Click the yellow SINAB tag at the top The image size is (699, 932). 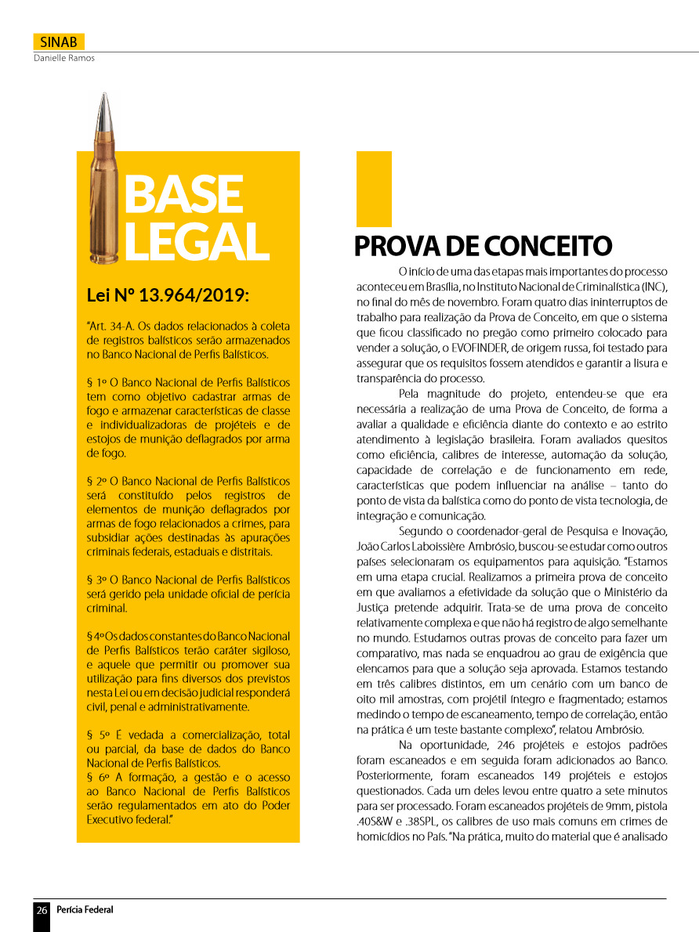(59, 42)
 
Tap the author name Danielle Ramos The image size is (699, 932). (63, 58)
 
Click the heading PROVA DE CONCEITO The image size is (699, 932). (482, 246)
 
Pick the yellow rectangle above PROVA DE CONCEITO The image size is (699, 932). (374, 189)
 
